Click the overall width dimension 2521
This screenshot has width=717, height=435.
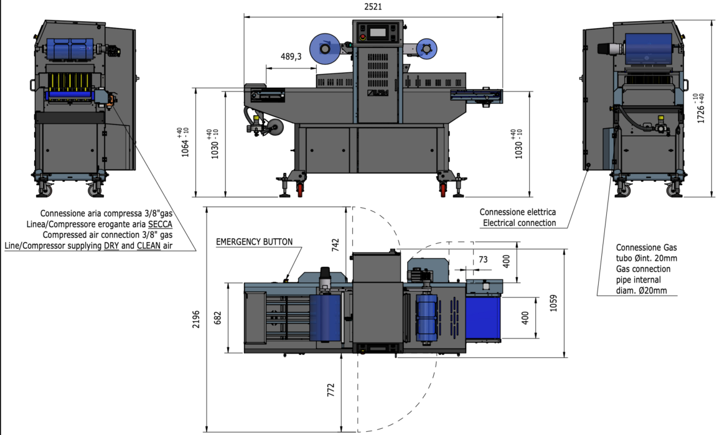(373, 7)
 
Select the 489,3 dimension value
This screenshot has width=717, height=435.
(291, 57)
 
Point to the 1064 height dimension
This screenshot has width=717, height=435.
(185, 143)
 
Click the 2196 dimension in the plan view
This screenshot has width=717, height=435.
(197, 319)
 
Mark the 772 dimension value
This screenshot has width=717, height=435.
(331, 390)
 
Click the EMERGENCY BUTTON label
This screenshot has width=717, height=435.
(253, 242)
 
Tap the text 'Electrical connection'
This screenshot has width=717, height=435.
(519, 223)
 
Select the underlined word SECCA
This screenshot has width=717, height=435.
(160, 224)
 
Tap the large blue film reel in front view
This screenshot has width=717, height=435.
(324, 49)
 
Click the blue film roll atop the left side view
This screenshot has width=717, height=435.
(70, 48)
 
